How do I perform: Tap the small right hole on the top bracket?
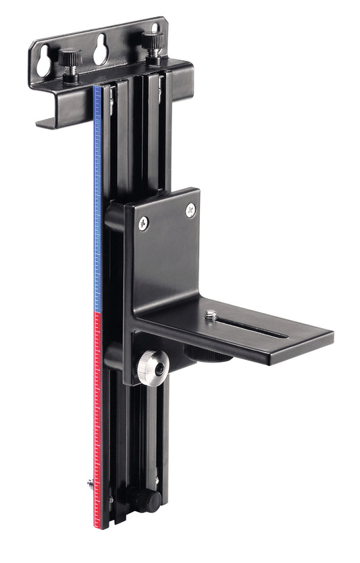coord(155,28)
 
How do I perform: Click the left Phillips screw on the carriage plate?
coord(143,223)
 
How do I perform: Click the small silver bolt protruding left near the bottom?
coord(90,483)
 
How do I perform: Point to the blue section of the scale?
coord(98,203)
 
